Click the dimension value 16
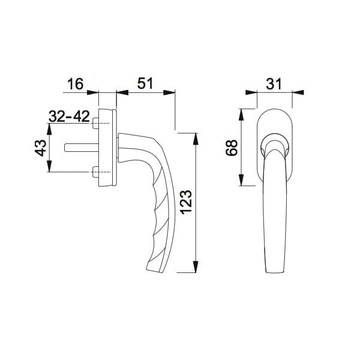74,83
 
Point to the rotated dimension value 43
39,147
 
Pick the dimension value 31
275,83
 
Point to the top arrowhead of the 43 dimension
49,125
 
